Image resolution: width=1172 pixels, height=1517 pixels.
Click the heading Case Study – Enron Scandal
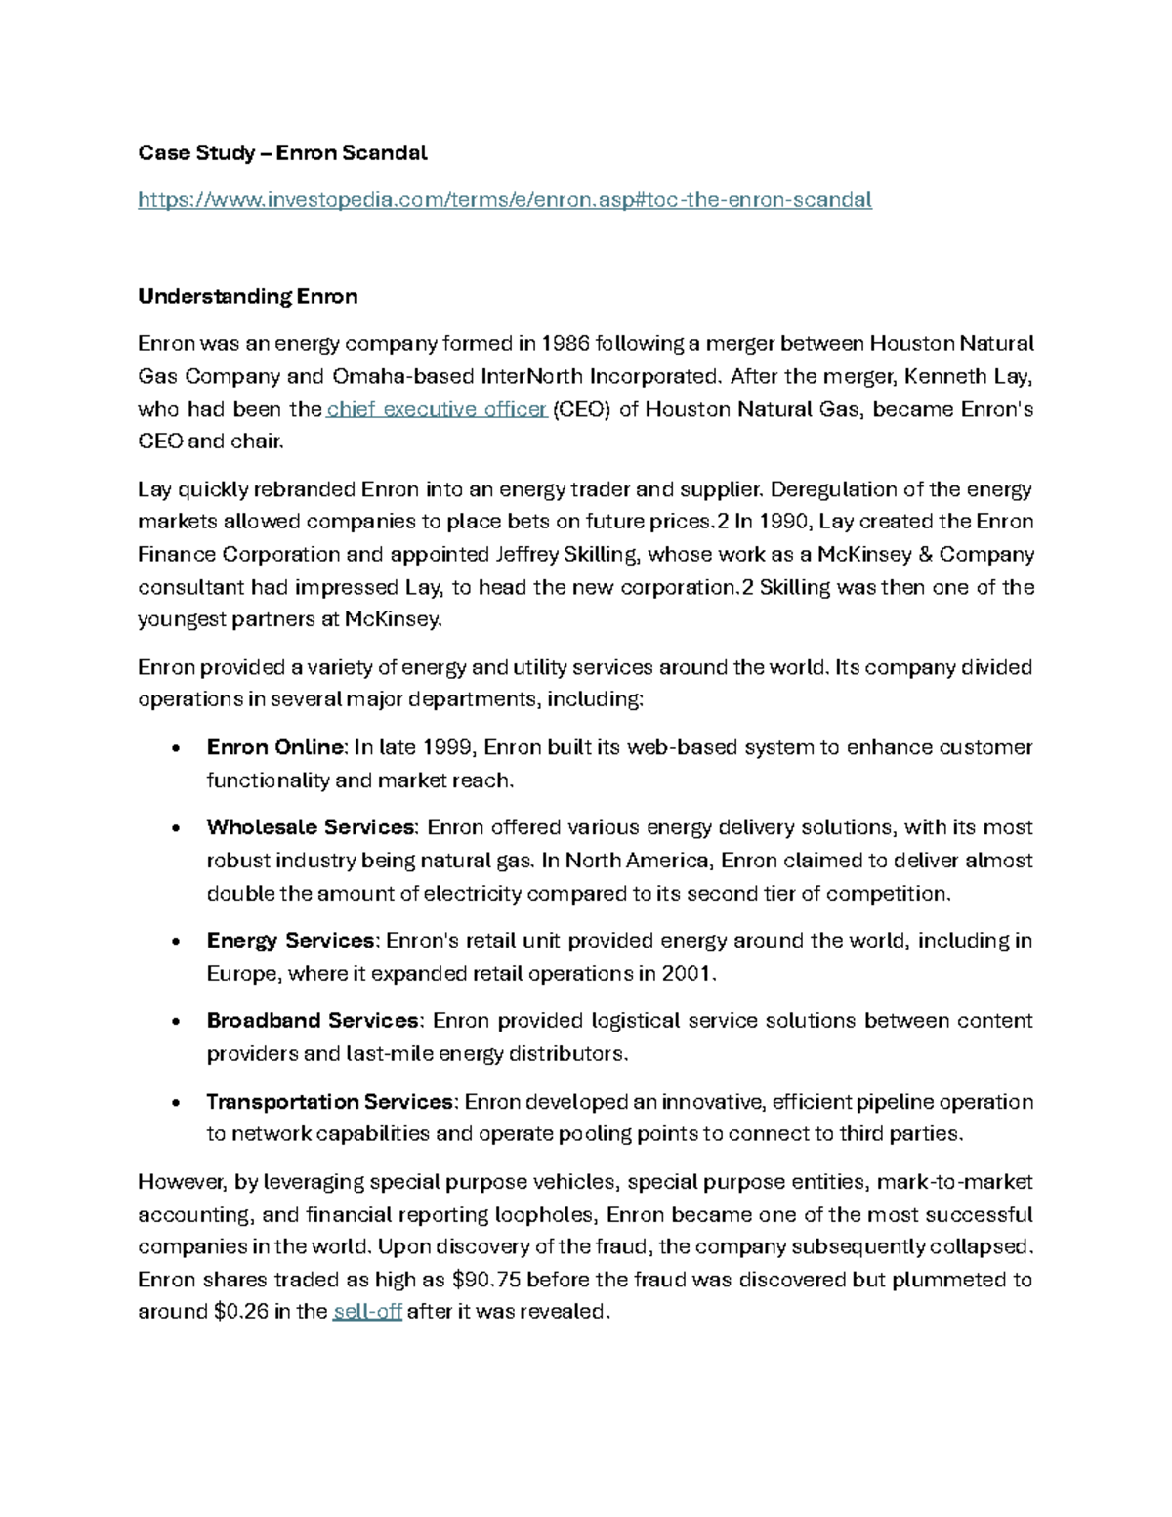coord(282,153)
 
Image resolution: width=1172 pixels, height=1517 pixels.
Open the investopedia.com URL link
coord(504,200)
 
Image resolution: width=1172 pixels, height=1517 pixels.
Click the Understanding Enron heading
coord(247,296)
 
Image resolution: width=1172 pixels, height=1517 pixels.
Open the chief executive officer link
coord(437,409)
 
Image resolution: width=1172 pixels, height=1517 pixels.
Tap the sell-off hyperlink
coord(367,1312)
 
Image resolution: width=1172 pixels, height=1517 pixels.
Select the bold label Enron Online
coord(275,747)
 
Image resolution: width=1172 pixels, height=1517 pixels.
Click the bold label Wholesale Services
coord(311,827)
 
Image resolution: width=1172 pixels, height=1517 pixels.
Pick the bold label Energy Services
coord(291,941)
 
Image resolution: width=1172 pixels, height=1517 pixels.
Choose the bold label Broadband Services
coord(313,1021)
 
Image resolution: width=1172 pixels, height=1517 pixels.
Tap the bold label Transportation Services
coord(330,1102)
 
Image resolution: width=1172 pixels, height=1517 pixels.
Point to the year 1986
coord(565,343)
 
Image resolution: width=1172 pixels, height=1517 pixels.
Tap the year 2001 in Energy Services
coord(688,974)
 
